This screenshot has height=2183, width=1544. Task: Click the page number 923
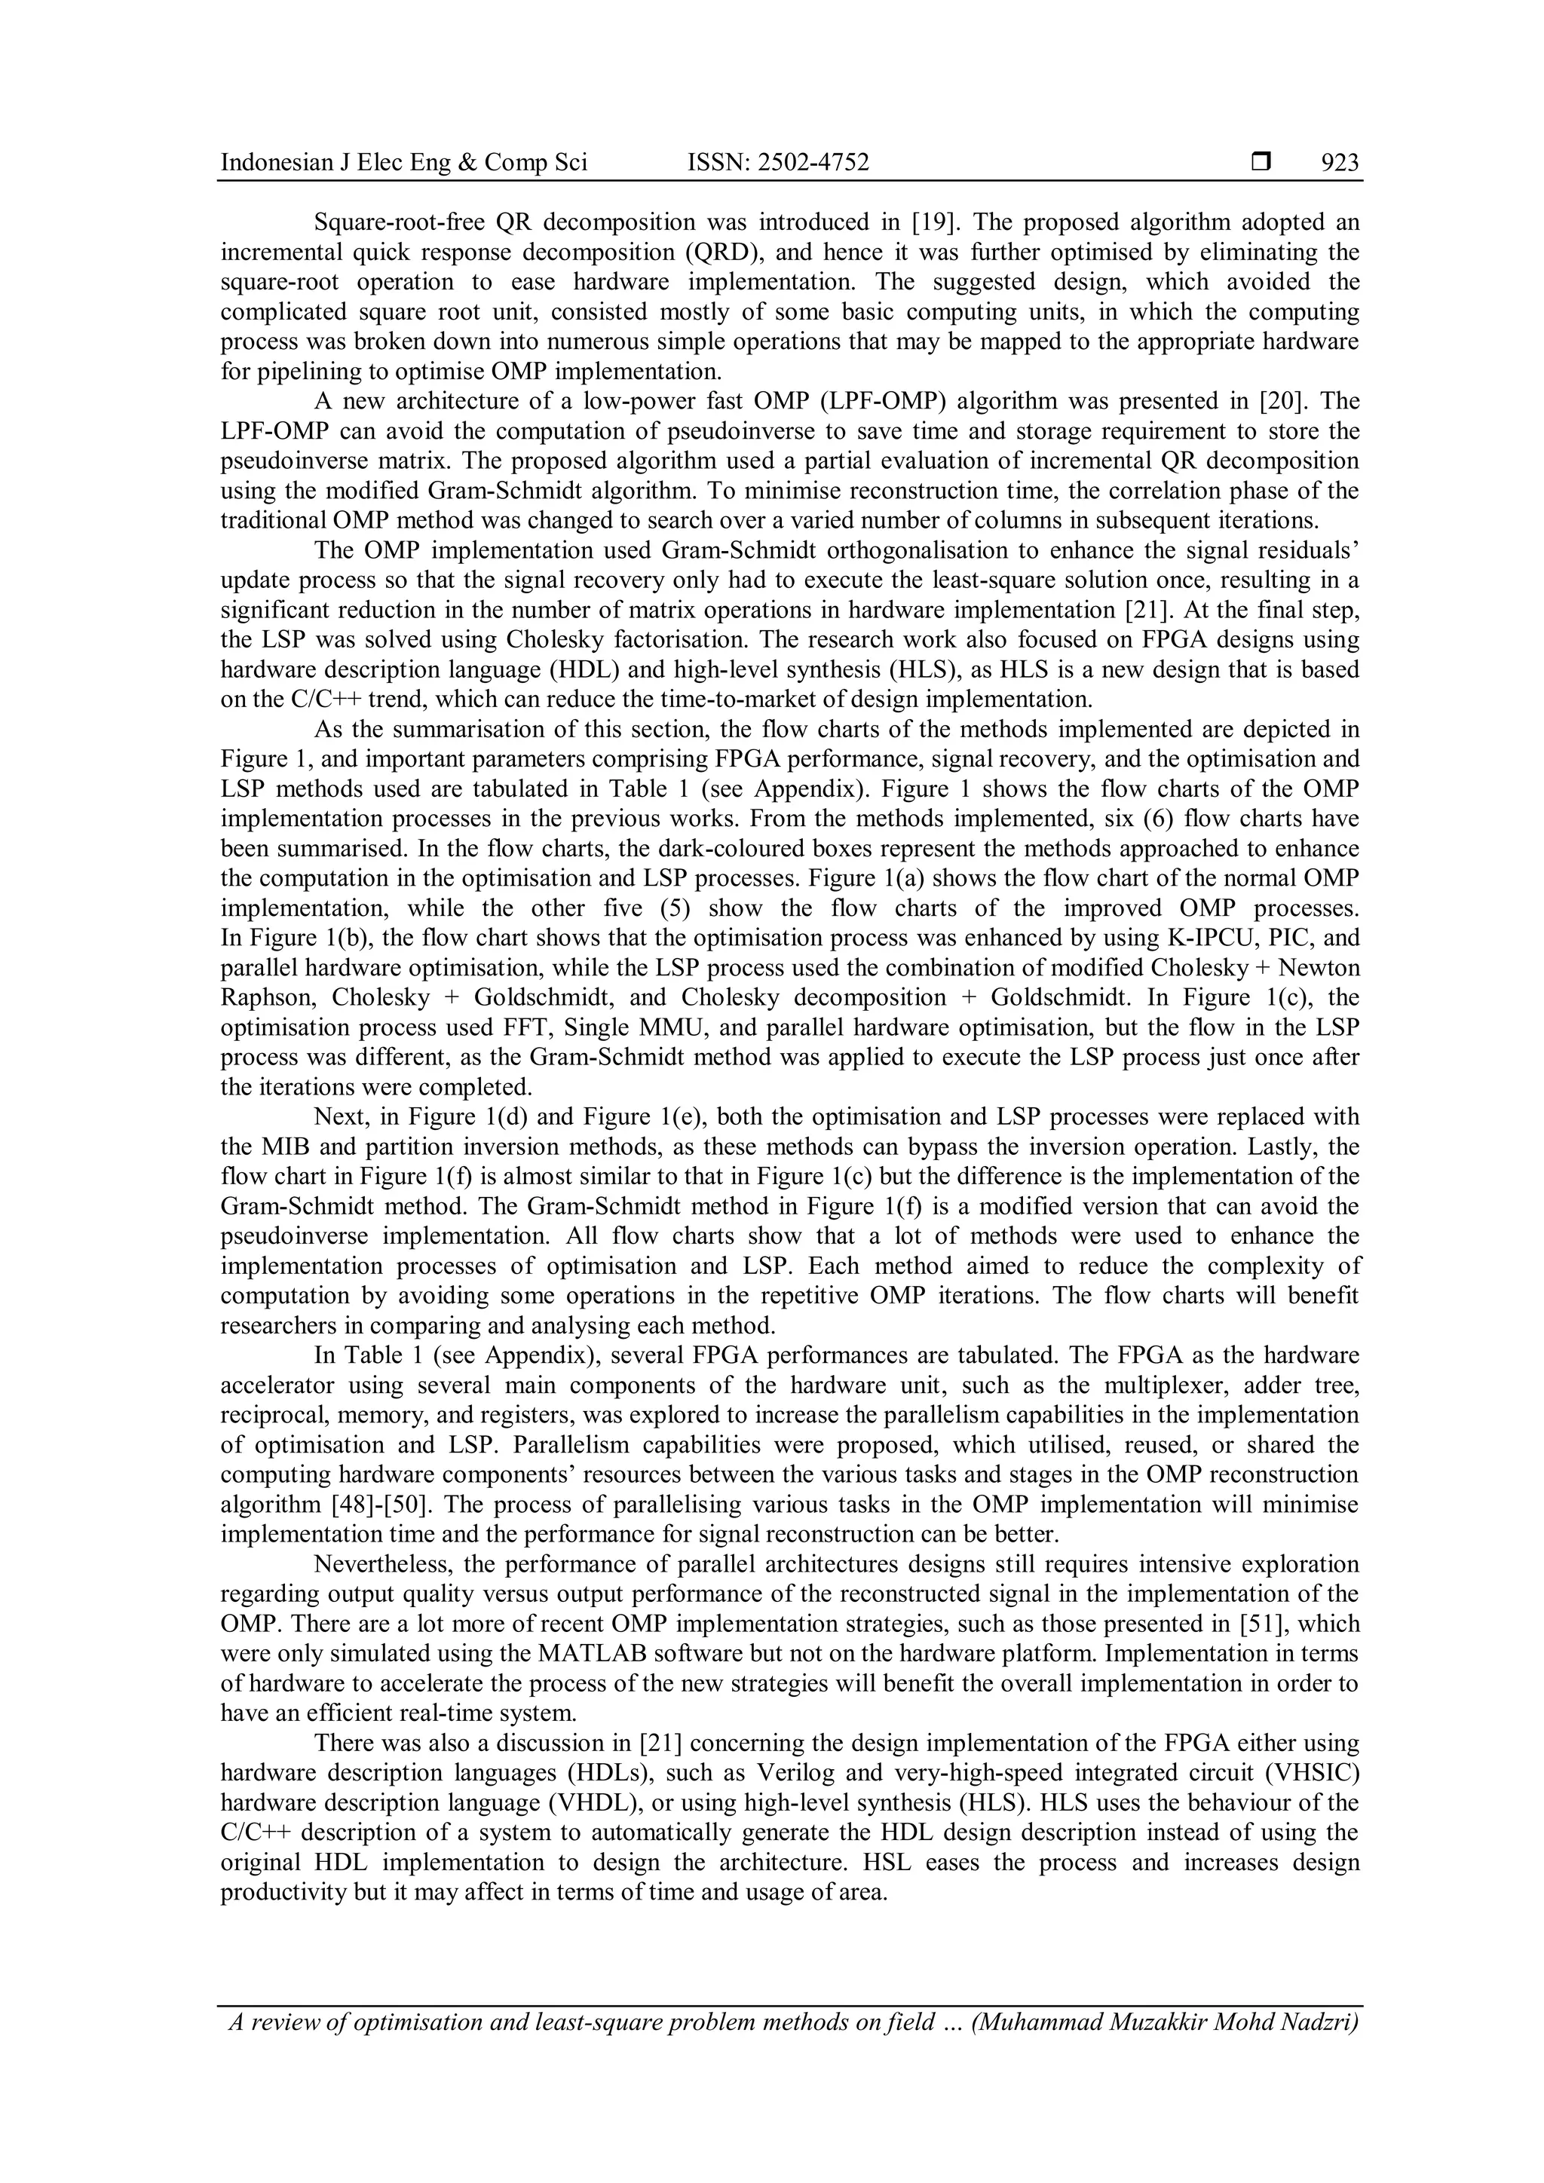click(1340, 163)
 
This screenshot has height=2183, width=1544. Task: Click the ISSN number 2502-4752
click(813, 163)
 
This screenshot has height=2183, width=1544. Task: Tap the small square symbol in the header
click(1261, 163)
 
